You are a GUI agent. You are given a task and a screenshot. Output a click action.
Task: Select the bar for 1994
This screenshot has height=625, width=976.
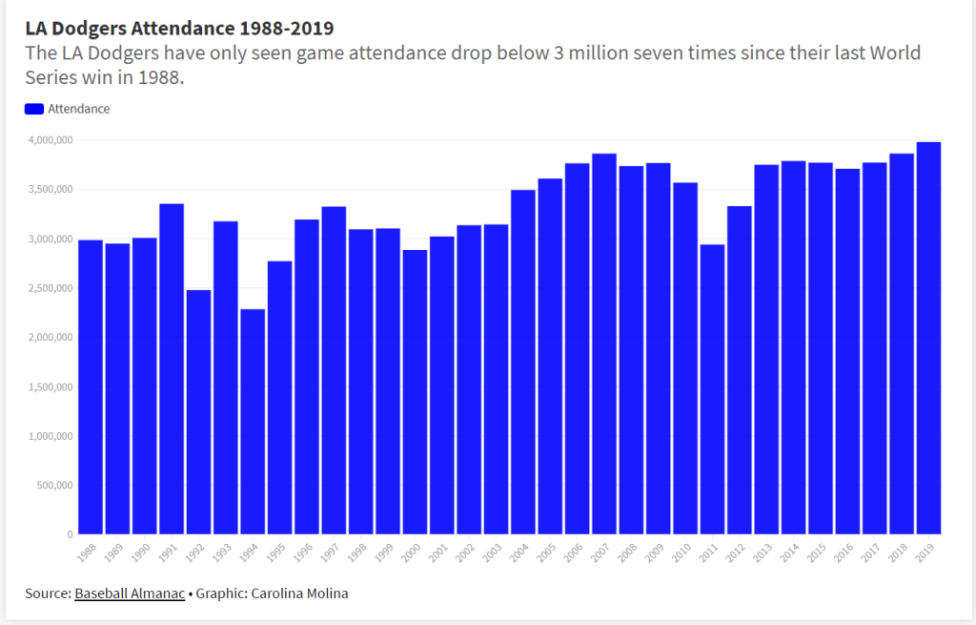click(x=253, y=421)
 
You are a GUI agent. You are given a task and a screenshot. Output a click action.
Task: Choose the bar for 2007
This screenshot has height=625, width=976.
click(x=604, y=344)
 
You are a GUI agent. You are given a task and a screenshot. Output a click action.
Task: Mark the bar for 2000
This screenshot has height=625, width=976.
click(x=415, y=391)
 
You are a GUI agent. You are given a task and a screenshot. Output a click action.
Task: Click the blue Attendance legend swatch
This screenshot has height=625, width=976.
click(x=34, y=109)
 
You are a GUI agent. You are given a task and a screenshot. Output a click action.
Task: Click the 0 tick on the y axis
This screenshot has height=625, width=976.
click(x=70, y=534)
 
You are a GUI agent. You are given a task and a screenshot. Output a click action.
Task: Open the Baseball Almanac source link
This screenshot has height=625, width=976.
click(x=130, y=594)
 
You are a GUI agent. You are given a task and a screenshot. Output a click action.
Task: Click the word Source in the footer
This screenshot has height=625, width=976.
click(x=47, y=594)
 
